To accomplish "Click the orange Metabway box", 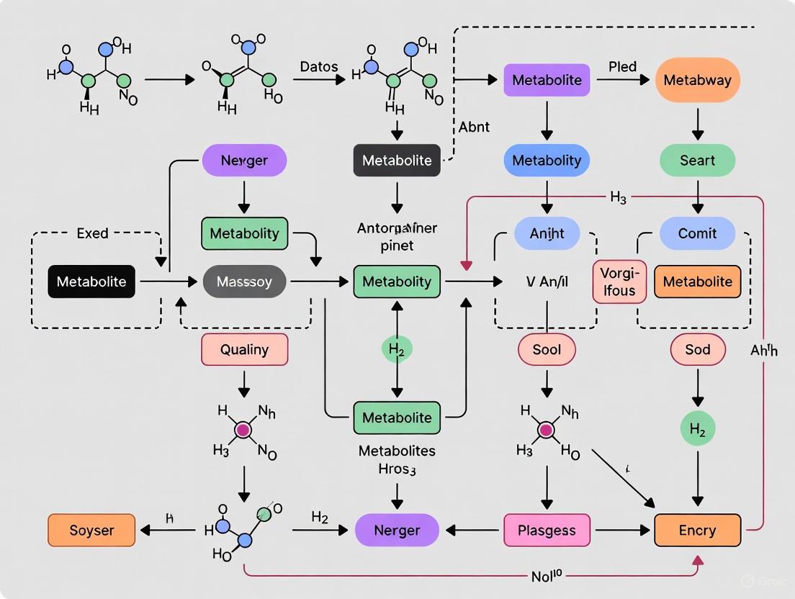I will click(697, 80).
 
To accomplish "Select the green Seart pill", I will click(697, 161).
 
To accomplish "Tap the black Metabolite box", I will click(91, 282).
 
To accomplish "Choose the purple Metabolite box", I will click(547, 80).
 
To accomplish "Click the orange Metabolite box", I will click(697, 282).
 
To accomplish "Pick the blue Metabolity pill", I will click(547, 161).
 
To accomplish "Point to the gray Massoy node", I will click(244, 282).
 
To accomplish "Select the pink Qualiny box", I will click(244, 350).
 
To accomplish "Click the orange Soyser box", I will click(91, 531).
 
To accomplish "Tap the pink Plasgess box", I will click(547, 531).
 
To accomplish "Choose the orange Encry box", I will click(697, 531).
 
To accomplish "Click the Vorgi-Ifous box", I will click(619, 282).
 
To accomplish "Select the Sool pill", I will click(547, 350).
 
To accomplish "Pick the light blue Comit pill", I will click(697, 233).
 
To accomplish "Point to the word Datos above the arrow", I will click(318, 66).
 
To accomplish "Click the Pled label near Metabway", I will click(622, 66).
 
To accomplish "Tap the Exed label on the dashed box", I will click(92, 233).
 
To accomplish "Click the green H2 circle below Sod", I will click(697, 431).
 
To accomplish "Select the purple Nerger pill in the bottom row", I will click(397, 531).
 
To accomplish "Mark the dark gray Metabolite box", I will click(397, 161).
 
